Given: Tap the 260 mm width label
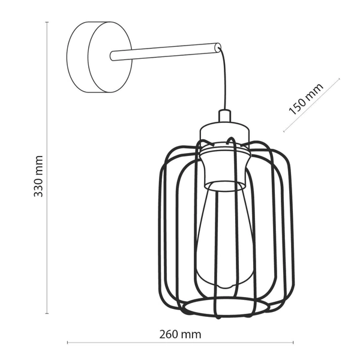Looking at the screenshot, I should [x=180, y=334].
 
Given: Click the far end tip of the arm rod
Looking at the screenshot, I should [x=217, y=45].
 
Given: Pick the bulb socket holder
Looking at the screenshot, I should [x=224, y=164].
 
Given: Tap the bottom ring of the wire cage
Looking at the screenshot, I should [x=222, y=308].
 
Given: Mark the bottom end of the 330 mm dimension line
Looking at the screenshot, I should [x=47, y=312].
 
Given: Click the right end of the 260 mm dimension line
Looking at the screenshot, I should [x=294, y=343].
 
